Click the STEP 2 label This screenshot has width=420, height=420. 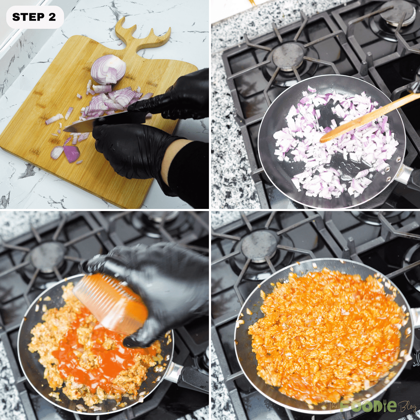pyautogui.click(x=34, y=17)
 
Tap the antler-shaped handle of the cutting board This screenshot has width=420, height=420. pyautogui.click(x=142, y=37)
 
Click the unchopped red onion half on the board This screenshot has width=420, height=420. pyautogui.click(x=108, y=69)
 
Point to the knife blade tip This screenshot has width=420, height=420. pyautogui.click(x=64, y=130)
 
